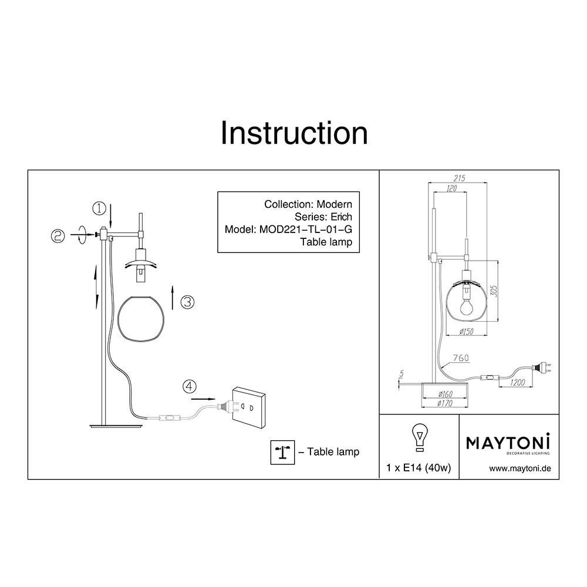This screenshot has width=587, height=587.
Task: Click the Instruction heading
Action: tap(294, 133)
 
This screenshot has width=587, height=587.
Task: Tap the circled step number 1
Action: tap(99, 208)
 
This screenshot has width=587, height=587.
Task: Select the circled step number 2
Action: tap(58, 236)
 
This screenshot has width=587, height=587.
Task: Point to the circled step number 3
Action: tap(187, 302)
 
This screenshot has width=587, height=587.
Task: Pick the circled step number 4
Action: tap(190, 386)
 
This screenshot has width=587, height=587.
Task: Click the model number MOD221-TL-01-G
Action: tap(305, 229)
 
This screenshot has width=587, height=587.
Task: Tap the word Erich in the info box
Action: tap(341, 217)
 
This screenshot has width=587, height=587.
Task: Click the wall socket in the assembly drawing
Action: tap(248, 408)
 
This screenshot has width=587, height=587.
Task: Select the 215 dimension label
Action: tap(460, 178)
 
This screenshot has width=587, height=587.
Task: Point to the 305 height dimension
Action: tap(494, 291)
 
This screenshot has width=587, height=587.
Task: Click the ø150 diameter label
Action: tap(466, 331)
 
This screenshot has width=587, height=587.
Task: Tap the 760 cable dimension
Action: tap(461, 358)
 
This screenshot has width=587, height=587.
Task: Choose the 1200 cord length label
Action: tap(517, 382)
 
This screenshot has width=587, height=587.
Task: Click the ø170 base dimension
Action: tap(445, 403)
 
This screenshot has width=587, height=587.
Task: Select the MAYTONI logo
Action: tap(508, 444)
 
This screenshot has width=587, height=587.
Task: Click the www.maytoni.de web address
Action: tap(520, 468)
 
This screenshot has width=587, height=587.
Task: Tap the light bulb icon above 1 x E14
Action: tap(419, 437)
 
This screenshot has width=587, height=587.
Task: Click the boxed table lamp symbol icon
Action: tap(283, 452)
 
